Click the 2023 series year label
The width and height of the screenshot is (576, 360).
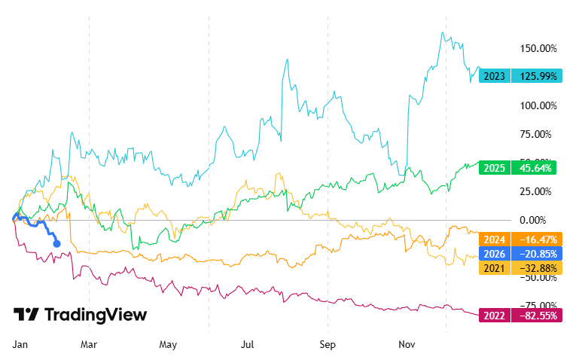click(495, 76)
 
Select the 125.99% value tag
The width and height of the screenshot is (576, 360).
click(536, 76)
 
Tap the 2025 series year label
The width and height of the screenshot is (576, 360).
click(495, 168)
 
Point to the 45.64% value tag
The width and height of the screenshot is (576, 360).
click(536, 168)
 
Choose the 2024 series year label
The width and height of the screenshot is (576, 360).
click(495, 240)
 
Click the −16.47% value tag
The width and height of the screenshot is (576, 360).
click(536, 240)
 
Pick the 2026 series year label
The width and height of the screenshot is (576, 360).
click(495, 255)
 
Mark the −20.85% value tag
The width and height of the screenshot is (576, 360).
click(536, 255)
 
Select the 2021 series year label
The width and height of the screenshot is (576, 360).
click(495, 269)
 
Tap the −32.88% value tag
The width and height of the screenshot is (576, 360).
click(536, 269)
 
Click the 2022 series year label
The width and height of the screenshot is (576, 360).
click(495, 316)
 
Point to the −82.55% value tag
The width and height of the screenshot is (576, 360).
click(536, 316)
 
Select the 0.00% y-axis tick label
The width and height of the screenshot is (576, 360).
click(542, 220)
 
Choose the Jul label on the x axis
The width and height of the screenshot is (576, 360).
click(246, 344)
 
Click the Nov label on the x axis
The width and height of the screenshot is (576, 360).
click(407, 344)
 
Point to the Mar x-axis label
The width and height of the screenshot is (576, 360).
click(89, 344)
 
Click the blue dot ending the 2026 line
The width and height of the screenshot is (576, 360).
click(57, 243)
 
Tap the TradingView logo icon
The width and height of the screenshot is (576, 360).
click(26, 315)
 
